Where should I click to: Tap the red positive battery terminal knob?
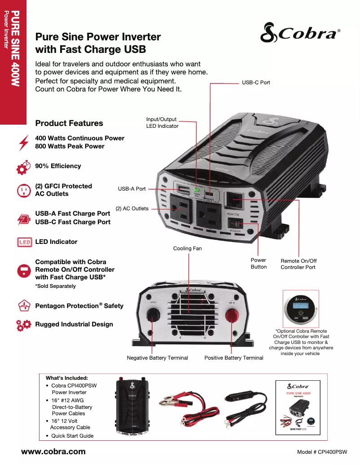(233, 314)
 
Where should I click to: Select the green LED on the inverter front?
(196, 190)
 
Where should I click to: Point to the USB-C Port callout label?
(256, 83)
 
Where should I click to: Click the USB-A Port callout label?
(132, 189)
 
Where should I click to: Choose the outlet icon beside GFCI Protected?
(23, 190)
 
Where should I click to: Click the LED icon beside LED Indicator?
(24, 242)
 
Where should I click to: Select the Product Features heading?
(69, 123)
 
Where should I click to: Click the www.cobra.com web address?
(53, 452)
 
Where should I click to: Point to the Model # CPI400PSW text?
(322, 452)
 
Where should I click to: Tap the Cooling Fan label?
(187, 248)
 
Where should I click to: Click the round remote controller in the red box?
(301, 310)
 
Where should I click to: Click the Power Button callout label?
(259, 263)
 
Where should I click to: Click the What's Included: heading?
(67, 378)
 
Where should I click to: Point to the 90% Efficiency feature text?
(58, 166)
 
